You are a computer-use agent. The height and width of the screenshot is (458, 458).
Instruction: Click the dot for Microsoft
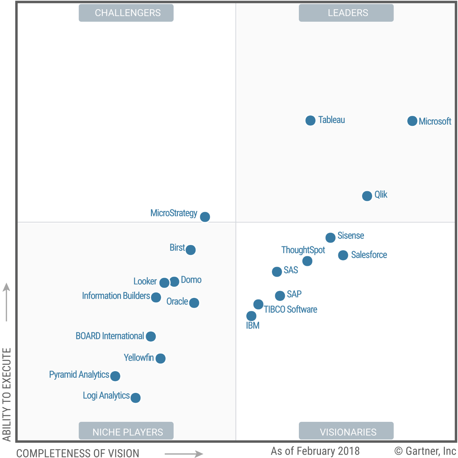tap(412, 121)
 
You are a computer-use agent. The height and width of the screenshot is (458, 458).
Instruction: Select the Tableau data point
tap(310, 121)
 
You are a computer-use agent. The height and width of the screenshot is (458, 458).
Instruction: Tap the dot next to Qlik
tap(367, 196)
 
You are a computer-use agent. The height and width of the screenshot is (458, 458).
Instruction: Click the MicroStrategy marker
tap(205, 217)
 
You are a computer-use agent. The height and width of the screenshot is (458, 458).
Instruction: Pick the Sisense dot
tap(330, 237)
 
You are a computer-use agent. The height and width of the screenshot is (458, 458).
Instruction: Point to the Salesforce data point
tap(343, 255)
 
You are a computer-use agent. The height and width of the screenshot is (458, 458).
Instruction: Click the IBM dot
tap(251, 316)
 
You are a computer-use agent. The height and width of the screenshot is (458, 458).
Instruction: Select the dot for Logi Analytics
tap(135, 398)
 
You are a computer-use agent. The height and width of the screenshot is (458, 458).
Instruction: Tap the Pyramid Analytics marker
tap(115, 376)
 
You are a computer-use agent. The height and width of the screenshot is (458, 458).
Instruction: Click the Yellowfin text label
tap(138, 357)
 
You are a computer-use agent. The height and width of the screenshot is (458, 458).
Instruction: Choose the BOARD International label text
tap(110, 336)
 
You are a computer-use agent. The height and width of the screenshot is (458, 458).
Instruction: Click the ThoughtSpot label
tap(303, 250)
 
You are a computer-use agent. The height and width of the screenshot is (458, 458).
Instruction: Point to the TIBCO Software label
tap(290, 309)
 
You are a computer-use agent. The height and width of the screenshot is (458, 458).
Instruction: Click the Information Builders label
tap(116, 296)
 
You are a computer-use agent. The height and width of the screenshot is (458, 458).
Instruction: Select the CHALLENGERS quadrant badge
tap(126, 13)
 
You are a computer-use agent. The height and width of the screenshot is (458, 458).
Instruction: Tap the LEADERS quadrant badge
tap(346, 13)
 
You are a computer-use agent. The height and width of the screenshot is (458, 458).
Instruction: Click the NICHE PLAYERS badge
tap(126, 431)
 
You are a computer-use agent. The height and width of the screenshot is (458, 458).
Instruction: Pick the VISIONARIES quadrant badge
tap(346, 431)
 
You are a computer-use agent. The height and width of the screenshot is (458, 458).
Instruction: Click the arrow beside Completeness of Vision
tap(184, 454)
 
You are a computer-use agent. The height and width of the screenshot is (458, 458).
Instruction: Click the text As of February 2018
tap(315, 451)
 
